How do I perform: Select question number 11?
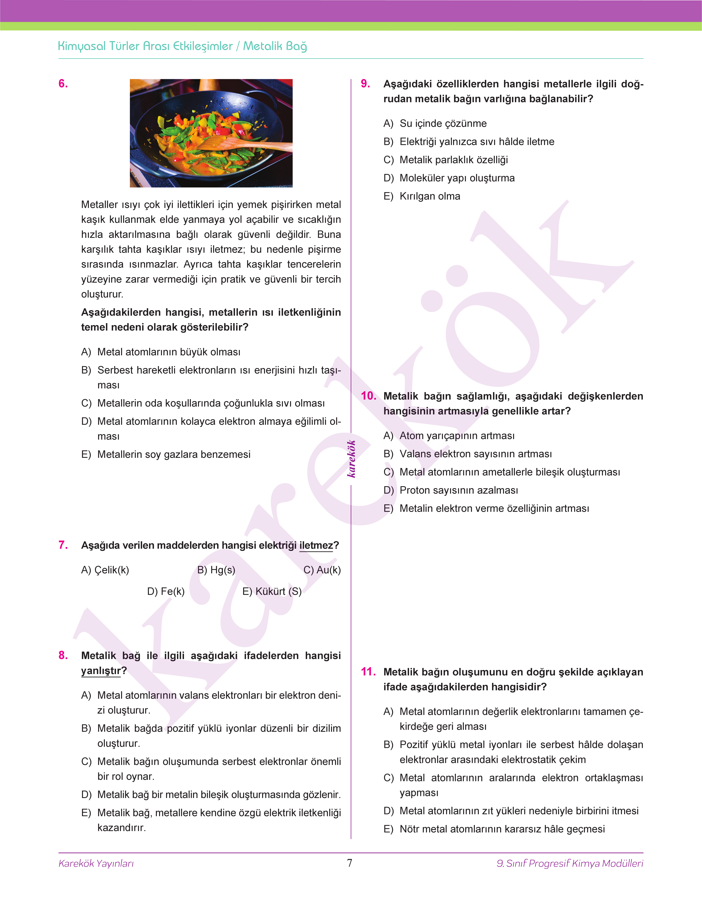tap(368, 672)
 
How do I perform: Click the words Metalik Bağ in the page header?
tap(275, 46)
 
